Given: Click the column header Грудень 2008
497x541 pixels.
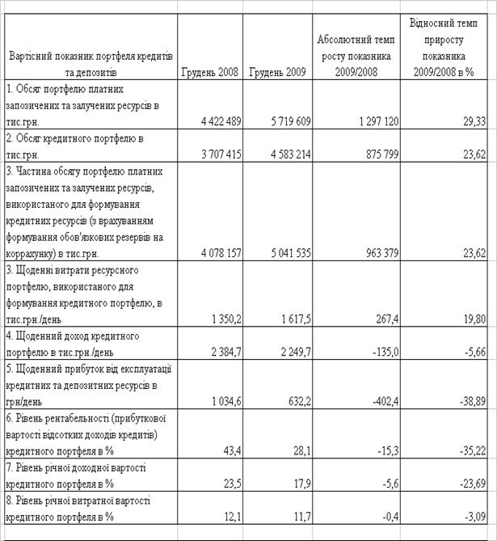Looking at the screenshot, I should [x=211, y=72].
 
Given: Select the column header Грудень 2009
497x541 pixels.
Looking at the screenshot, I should [x=277, y=72].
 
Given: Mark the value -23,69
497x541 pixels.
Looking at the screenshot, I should [x=472, y=483].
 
